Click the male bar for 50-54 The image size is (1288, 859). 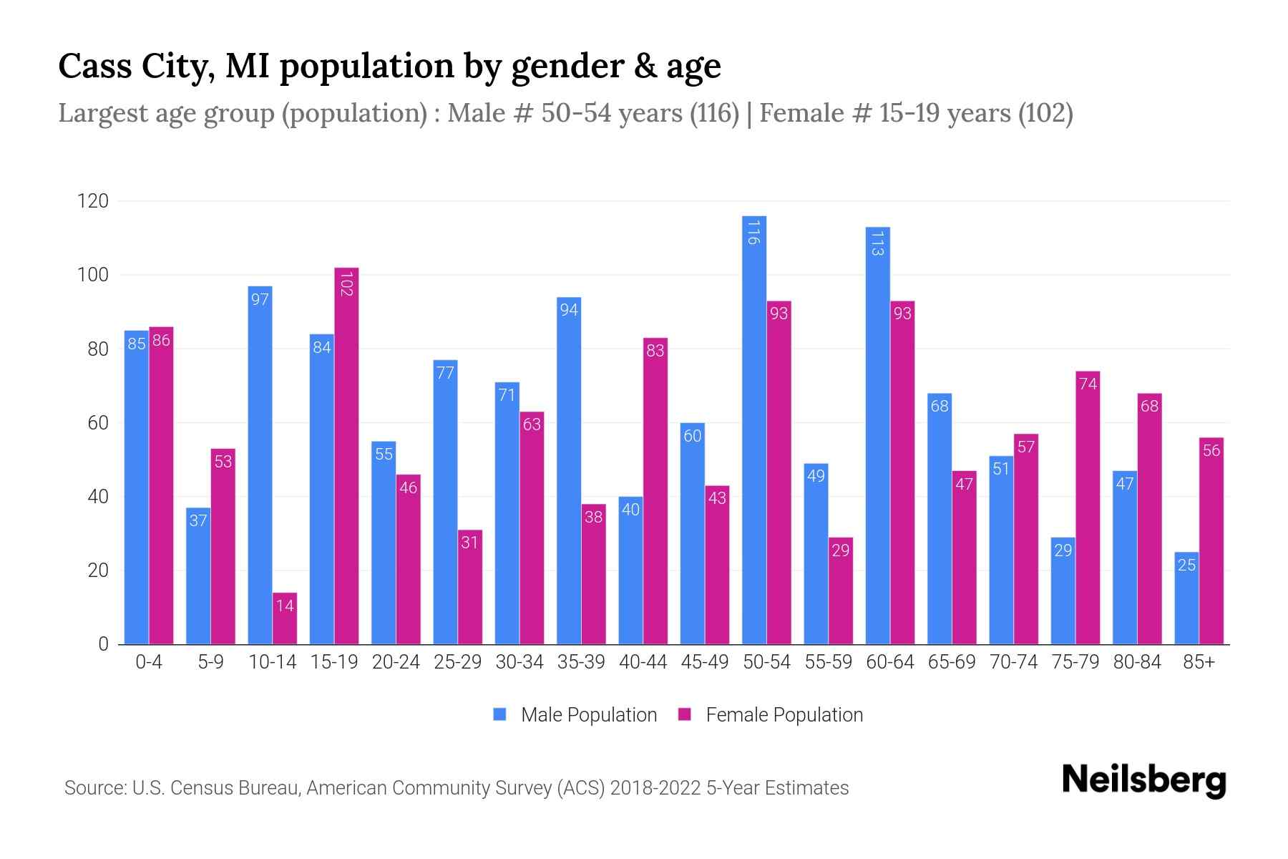coord(754,429)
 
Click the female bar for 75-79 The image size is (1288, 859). coord(1088,508)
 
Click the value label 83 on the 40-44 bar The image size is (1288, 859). coord(655,351)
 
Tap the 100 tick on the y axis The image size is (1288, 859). coord(93,276)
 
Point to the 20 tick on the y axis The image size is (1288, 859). coord(97,571)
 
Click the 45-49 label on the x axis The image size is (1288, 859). coord(704,662)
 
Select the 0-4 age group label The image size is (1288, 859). coord(149,662)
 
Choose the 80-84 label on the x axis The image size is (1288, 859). coord(1137,662)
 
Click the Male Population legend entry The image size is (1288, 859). coord(588,715)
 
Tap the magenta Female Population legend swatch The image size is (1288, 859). coord(685,714)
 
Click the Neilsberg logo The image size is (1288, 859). coord(1143,780)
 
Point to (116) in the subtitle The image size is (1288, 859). coord(714,113)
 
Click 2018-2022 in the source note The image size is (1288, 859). coord(655,788)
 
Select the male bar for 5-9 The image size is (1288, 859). coord(198,576)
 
